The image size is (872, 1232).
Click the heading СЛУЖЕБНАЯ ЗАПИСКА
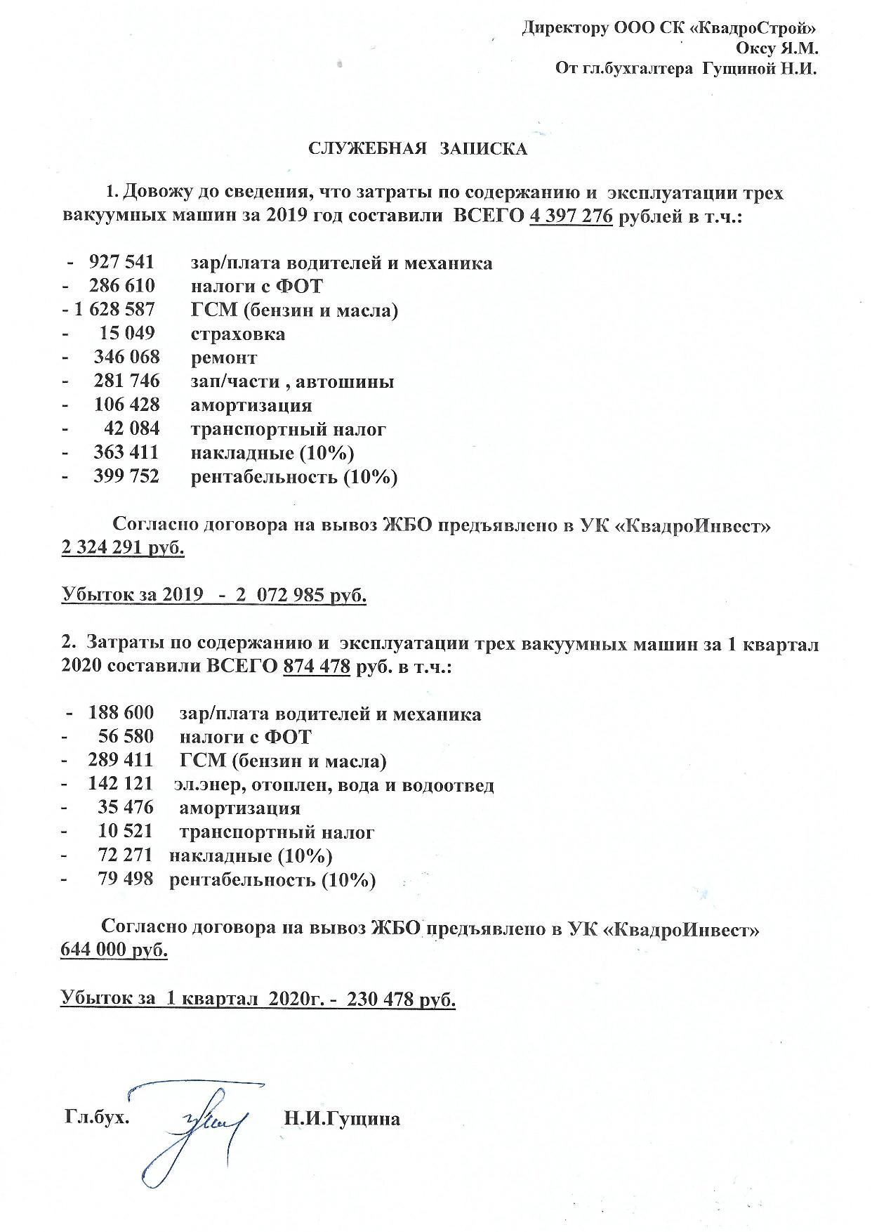click(x=418, y=149)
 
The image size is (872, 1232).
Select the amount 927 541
click(x=121, y=263)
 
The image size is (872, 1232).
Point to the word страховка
click(x=238, y=334)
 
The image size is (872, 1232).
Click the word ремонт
click(x=224, y=358)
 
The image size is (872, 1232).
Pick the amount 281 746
click(x=126, y=381)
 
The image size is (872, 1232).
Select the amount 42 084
click(x=132, y=428)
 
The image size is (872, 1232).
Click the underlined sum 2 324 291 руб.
click(x=123, y=548)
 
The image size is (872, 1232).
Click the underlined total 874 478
click(x=317, y=666)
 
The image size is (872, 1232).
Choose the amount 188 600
click(x=121, y=713)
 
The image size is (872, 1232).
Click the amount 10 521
click(x=126, y=832)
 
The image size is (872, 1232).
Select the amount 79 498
click(x=126, y=879)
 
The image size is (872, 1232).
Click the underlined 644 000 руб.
click(x=114, y=950)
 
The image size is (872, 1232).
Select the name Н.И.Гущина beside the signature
click(x=342, y=1118)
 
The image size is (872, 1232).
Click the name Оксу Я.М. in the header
click(x=777, y=48)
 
